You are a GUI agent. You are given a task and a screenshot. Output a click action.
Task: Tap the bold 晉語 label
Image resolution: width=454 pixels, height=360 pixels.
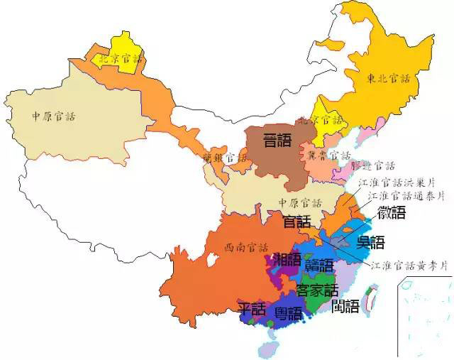(x=277, y=139)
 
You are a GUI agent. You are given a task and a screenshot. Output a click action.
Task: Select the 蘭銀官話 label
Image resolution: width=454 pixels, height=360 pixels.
(x=226, y=158)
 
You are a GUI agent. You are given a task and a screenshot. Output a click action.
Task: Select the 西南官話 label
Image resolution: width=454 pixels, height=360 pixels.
(x=246, y=248)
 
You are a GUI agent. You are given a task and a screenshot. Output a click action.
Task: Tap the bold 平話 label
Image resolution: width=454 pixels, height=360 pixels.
(x=251, y=310)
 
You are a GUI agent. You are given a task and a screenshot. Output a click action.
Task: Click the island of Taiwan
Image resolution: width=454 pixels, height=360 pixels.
(x=369, y=300)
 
